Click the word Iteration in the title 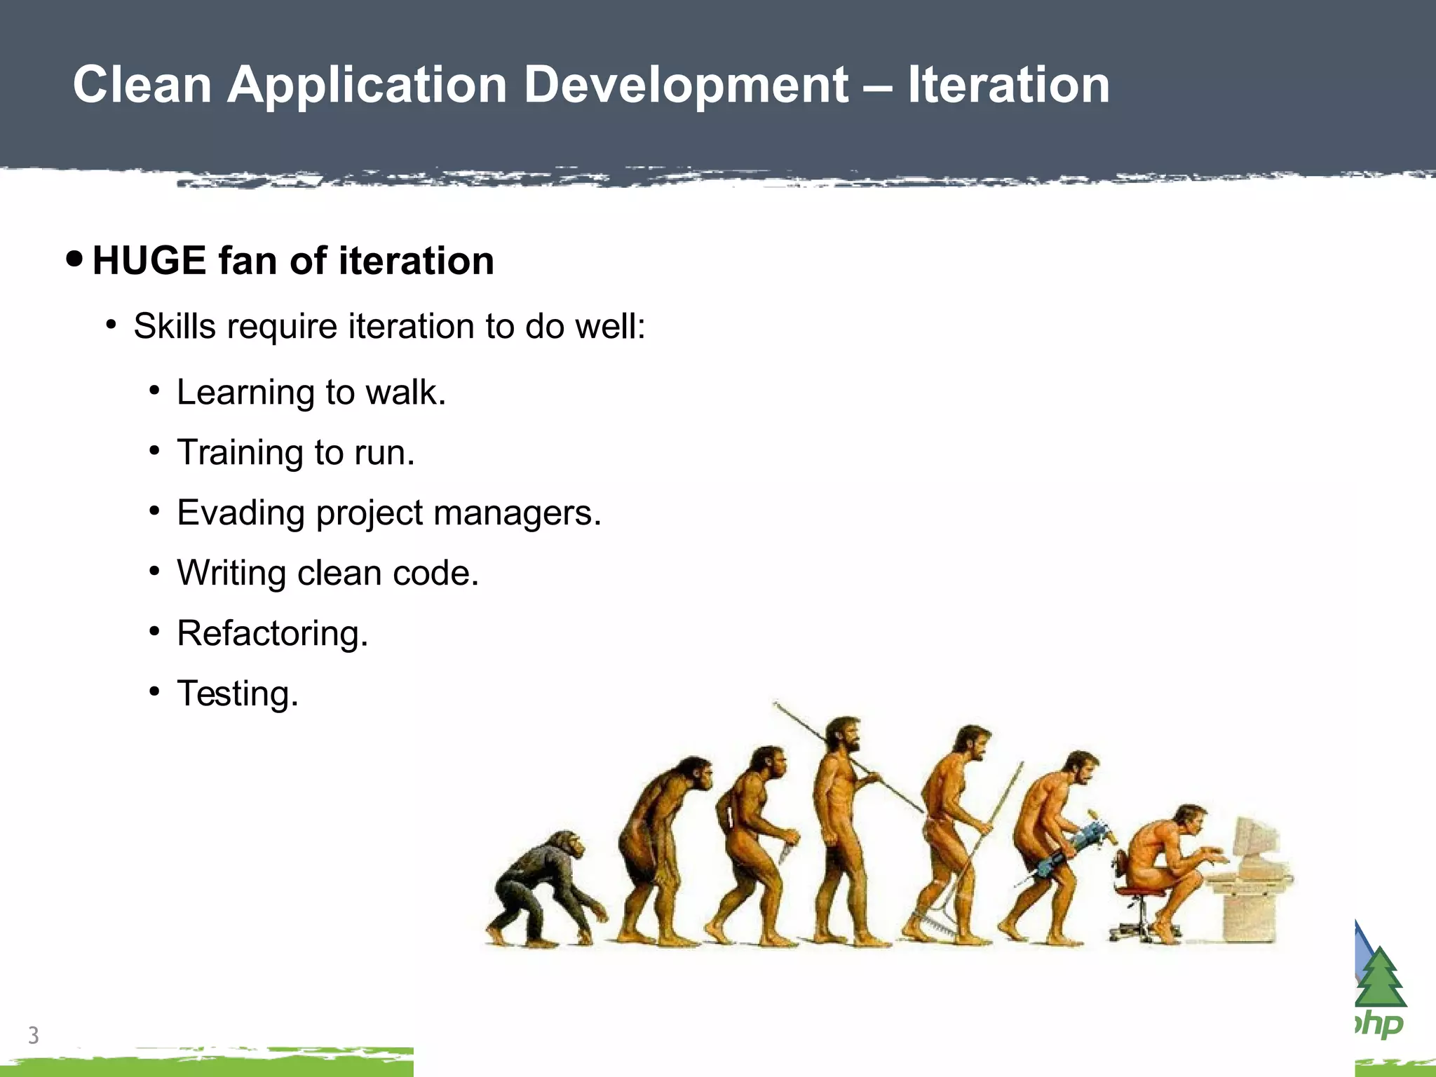(1008, 86)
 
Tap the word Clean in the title (142, 86)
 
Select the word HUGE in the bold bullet (149, 261)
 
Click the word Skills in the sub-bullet (175, 326)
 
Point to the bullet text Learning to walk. (311, 392)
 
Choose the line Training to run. (295, 452)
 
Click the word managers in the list (517, 513)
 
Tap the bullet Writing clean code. (327, 573)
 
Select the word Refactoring (272, 633)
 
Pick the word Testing (237, 693)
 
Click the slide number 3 (33, 1035)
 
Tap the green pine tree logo (1381, 979)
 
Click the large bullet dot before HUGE (74, 259)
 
